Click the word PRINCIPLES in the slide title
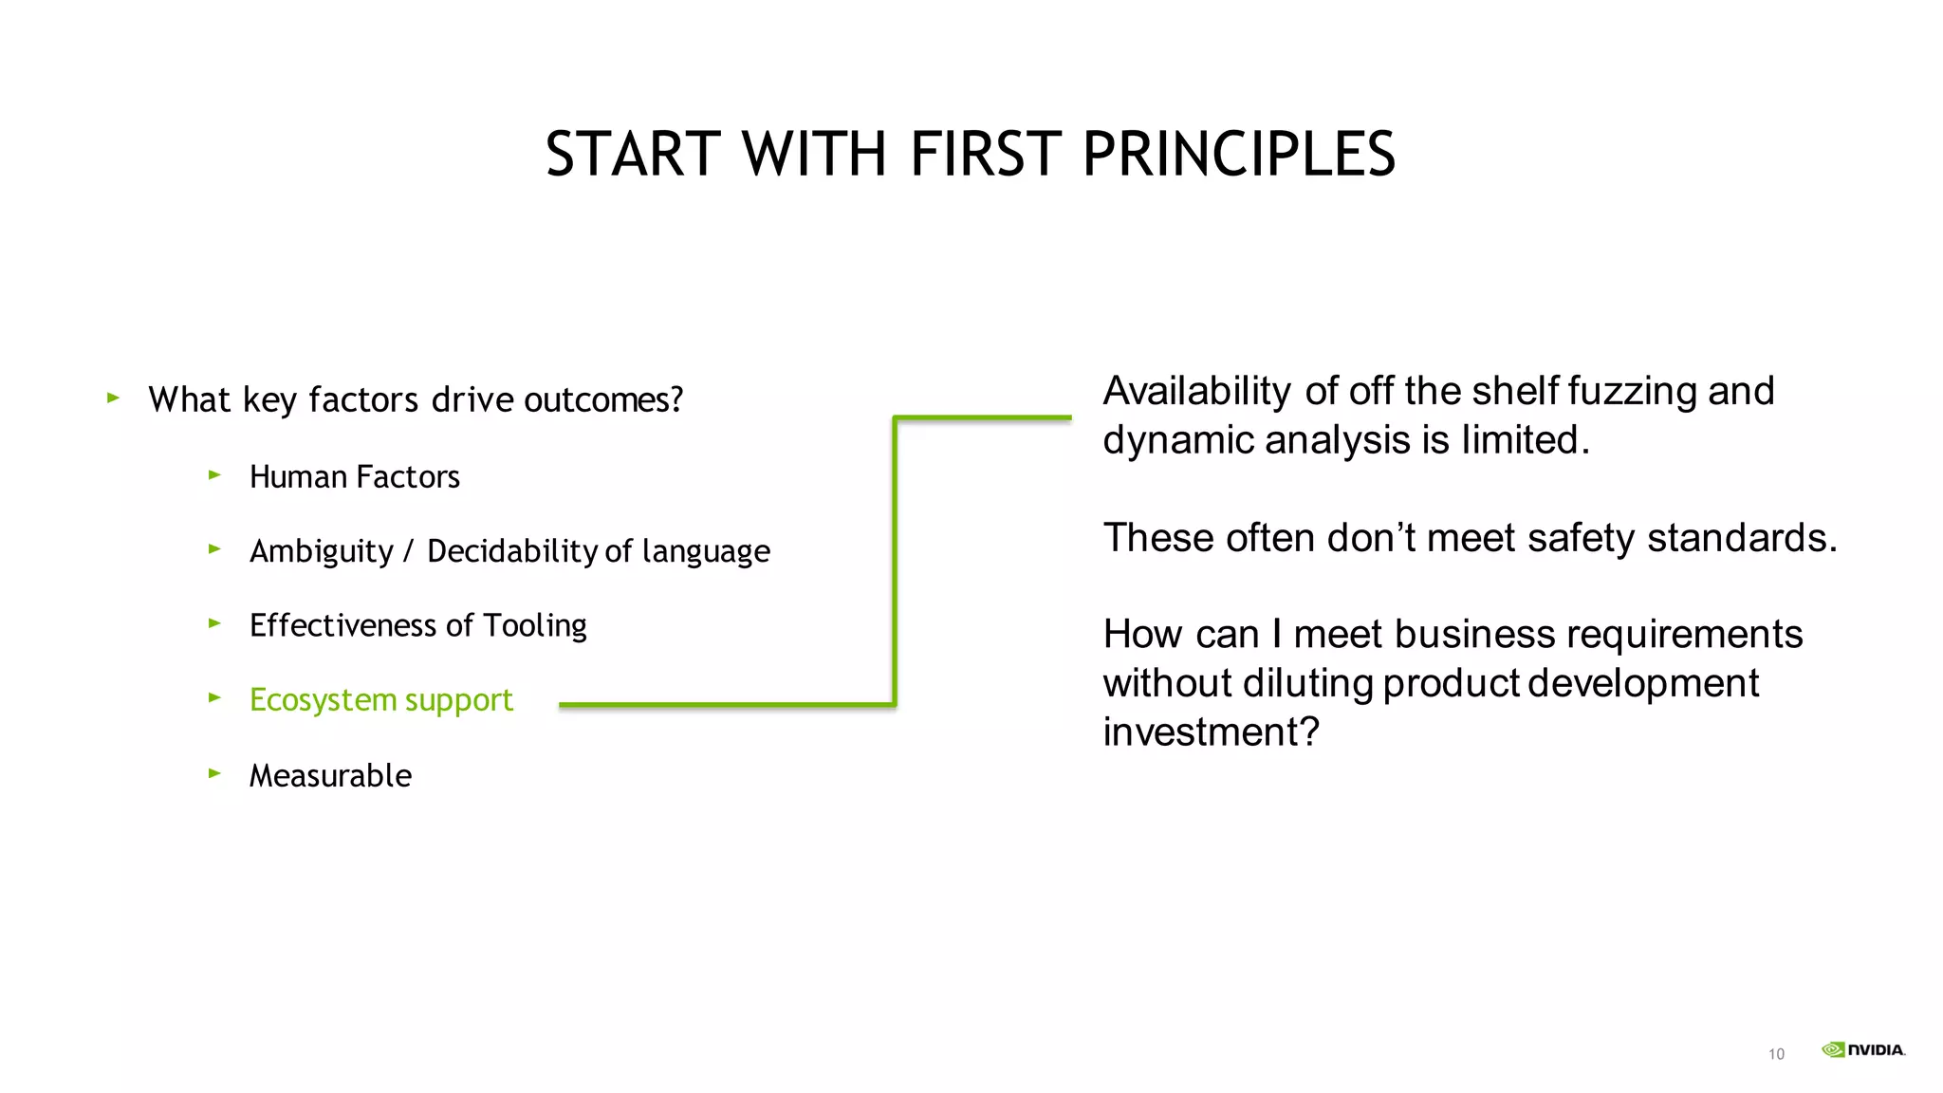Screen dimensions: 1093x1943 (x=1238, y=154)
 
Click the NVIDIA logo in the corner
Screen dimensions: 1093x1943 (x=1863, y=1049)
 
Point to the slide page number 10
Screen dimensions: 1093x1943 (x=1776, y=1054)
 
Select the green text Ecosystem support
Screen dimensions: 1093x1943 (x=380, y=700)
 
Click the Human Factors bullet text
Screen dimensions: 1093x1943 (x=354, y=476)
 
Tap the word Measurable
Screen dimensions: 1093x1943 (x=330, y=776)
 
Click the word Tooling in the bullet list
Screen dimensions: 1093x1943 (x=534, y=626)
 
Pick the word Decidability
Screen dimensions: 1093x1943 (x=511, y=551)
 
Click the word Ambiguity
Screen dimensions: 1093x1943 (x=321, y=551)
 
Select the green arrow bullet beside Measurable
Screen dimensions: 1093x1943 (x=214, y=774)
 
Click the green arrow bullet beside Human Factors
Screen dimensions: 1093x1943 (x=214, y=474)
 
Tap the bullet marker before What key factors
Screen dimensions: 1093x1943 (x=113, y=398)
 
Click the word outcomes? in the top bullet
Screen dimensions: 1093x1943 (x=603, y=400)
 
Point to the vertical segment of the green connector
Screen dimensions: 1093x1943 (x=895, y=560)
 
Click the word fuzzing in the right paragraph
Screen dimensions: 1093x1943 (x=1632, y=392)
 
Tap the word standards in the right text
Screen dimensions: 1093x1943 (x=1742, y=538)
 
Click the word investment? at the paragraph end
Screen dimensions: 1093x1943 (x=1211, y=732)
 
